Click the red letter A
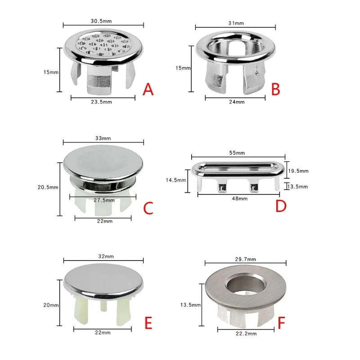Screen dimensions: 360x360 pyautogui.click(x=148, y=90)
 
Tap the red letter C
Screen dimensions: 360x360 pyautogui.click(x=148, y=208)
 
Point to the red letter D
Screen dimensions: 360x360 pyautogui.click(x=281, y=207)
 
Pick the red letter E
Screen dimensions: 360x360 pyautogui.click(x=148, y=324)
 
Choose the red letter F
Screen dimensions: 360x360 pyautogui.click(x=281, y=324)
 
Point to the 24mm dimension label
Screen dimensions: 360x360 pyautogui.click(x=237, y=102)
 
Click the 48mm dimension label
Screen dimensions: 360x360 pyautogui.click(x=239, y=198)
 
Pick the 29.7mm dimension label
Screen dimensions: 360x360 pyautogui.click(x=245, y=259)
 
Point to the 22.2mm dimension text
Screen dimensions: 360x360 pyautogui.click(x=246, y=334)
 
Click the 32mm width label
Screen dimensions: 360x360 pyautogui.click(x=104, y=256)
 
